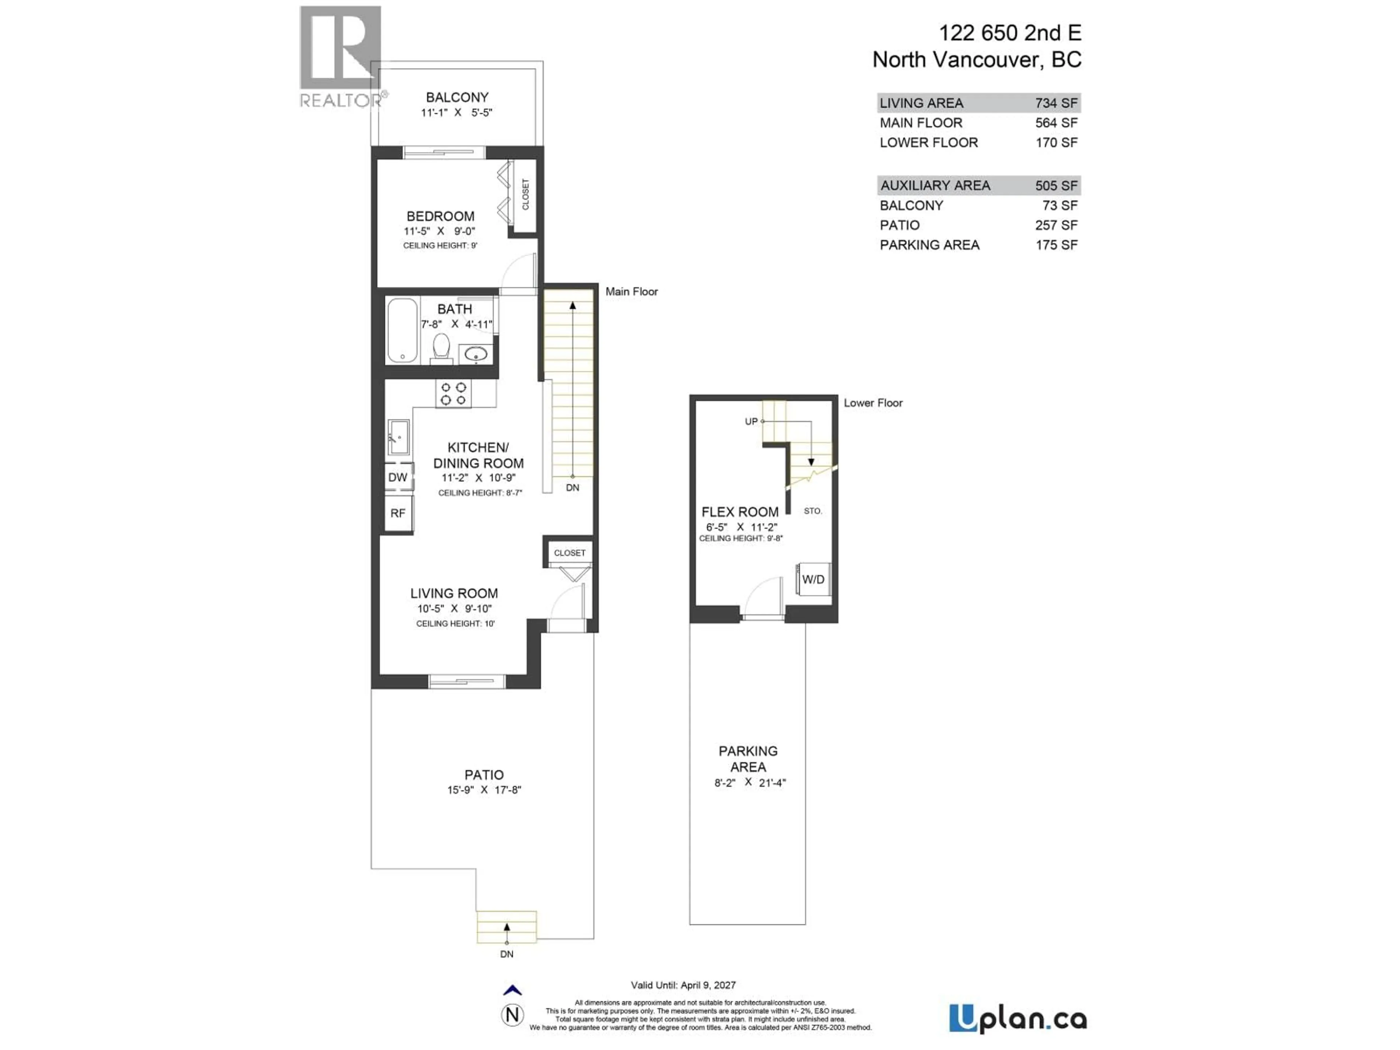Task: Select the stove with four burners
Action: click(x=453, y=394)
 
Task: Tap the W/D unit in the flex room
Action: click(x=813, y=579)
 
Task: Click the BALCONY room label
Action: click(x=457, y=97)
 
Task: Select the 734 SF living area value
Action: click(x=1056, y=103)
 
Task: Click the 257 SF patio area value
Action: click(x=1056, y=225)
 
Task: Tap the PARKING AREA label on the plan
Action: click(x=748, y=759)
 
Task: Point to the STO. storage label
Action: click(x=813, y=511)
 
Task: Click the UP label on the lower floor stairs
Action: click(x=751, y=421)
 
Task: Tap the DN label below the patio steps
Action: click(x=506, y=954)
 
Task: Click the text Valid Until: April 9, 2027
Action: click(x=683, y=985)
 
